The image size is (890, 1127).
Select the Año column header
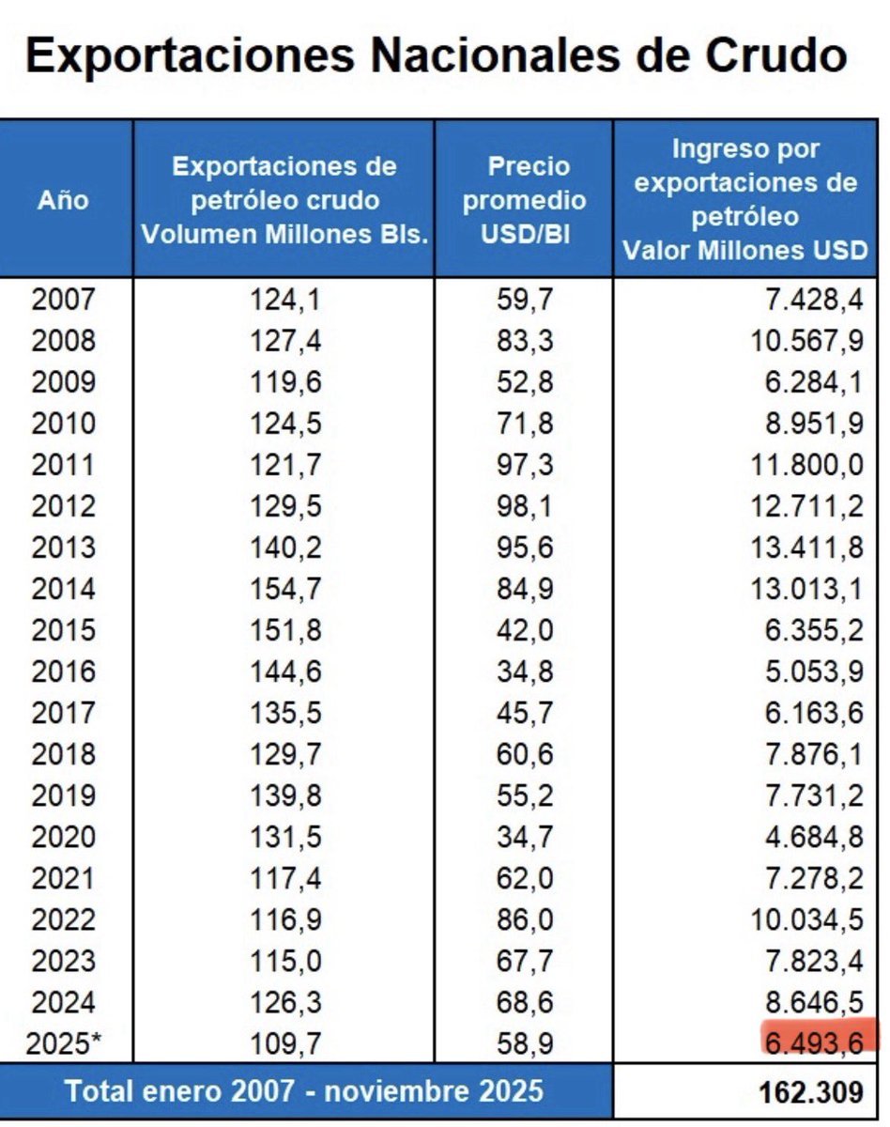click(x=64, y=200)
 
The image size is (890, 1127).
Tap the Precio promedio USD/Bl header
click(x=525, y=200)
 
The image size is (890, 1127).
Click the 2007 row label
click(x=64, y=300)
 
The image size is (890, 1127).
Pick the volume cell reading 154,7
click(x=285, y=590)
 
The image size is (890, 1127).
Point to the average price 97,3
click(x=525, y=465)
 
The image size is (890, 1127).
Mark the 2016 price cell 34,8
click(x=525, y=672)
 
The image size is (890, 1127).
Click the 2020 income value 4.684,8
click(x=812, y=838)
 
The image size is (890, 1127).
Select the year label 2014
click(x=64, y=590)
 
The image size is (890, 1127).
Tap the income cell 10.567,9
click(x=806, y=341)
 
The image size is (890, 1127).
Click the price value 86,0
click(x=525, y=920)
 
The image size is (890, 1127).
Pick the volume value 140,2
click(x=285, y=548)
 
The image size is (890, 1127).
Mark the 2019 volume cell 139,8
click(x=285, y=796)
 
